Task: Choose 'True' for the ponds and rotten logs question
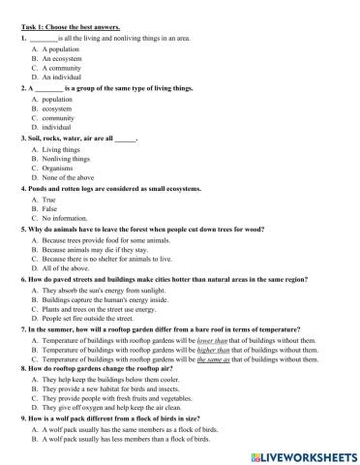point(50,200)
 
